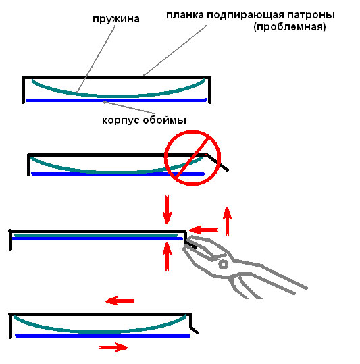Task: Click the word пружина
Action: (116, 19)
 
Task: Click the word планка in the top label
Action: (185, 15)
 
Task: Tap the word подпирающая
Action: (245, 16)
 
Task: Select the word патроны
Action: (311, 16)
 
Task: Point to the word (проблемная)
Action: (290, 27)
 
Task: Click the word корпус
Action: (121, 120)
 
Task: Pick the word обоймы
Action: (164, 120)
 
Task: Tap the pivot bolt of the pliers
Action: (224, 264)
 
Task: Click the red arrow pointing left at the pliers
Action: (203, 230)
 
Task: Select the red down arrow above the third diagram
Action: (167, 209)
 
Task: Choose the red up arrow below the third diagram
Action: (167, 257)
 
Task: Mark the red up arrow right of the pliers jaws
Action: (227, 222)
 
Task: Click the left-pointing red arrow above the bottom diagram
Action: (120, 301)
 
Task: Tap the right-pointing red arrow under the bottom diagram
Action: (113, 347)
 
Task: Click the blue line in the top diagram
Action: (116, 100)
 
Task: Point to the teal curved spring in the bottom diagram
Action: (100, 332)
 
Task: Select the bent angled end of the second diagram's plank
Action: (216, 161)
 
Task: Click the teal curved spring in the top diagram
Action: (118, 96)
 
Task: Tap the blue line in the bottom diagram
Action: (103, 336)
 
